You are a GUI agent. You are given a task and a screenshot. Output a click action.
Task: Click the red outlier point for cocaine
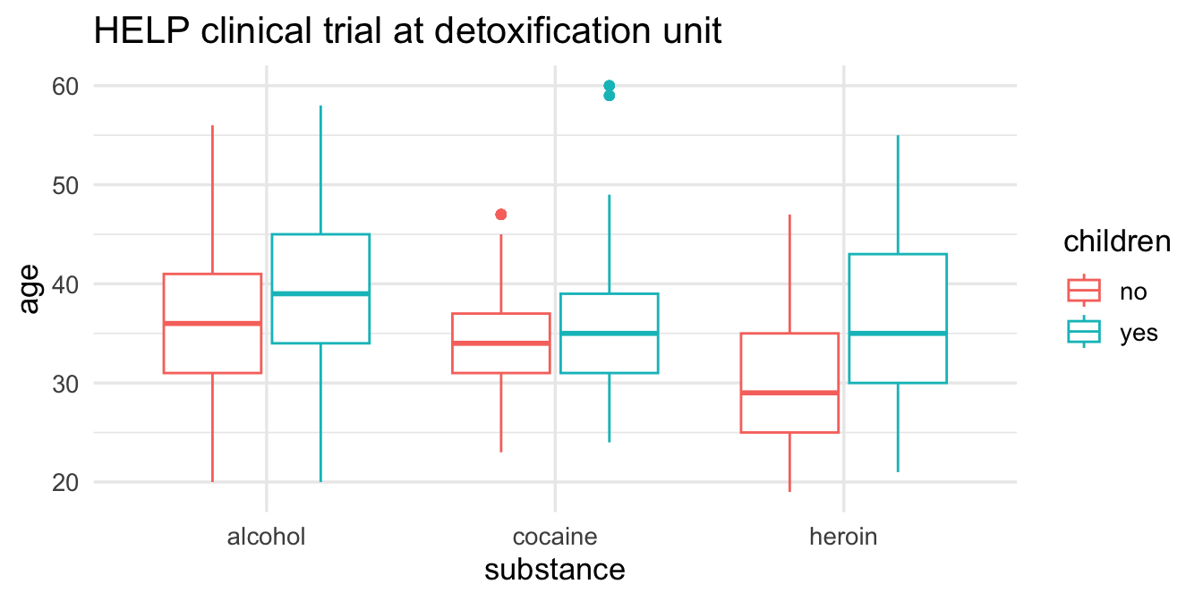coord(501,215)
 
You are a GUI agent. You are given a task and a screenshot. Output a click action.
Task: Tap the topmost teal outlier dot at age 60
coord(610,86)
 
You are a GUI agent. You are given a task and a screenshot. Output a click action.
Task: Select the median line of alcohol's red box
coord(212,323)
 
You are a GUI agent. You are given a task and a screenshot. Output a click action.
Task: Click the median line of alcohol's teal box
coord(320,293)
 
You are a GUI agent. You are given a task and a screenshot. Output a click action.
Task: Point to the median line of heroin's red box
coord(789,393)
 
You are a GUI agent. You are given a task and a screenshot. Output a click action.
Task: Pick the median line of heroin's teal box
coord(898,334)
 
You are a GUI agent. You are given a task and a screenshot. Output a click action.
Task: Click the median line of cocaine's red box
coord(501,343)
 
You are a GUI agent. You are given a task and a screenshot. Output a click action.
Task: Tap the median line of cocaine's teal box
coord(610,334)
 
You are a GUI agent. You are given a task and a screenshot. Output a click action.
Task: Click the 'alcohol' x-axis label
coord(267,537)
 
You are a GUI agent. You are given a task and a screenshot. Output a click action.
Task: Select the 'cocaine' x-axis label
coord(555,537)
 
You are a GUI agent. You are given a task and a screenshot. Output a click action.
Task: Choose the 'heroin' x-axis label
coord(843,537)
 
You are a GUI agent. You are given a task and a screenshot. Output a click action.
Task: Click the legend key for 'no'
coord(1084,291)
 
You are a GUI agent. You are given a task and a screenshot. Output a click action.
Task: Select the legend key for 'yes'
coord(1084,332)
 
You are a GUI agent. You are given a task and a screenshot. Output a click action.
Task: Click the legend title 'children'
coord(1117,242)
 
